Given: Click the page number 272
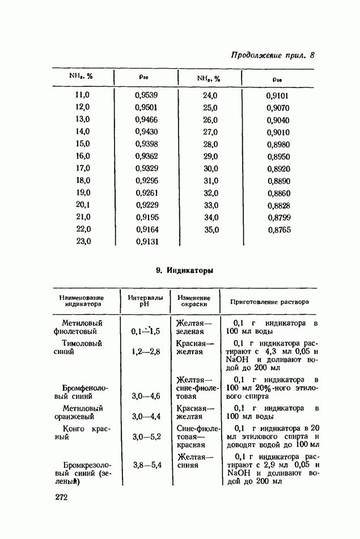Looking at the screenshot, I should [x=62, y=498].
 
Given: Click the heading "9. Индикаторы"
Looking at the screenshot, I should [x=184, y=271].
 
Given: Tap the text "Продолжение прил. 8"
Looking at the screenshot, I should [x=272, y=55].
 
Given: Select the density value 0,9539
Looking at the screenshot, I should [x=147, y=95].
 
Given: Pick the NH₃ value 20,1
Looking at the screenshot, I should [x=83, y=204].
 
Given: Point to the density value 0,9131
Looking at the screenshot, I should [x=147, y=241].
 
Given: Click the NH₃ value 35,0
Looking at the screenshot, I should [x=211, y=229].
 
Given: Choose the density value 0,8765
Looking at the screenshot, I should [x=278, y=230].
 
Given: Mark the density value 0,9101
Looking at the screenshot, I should [x=278, y=95].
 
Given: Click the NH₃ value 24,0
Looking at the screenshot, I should [x=210, y=95].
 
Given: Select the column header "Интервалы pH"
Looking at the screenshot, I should [x=145, y=301].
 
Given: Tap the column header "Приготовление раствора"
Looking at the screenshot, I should [x=269, y=302].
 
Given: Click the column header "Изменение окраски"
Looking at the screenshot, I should [x=193, y=301].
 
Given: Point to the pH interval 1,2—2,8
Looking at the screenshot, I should [x=146, y=352].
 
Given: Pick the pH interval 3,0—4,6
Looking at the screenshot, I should [x=146, y=396].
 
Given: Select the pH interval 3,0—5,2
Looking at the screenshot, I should [x=146, y=437].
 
